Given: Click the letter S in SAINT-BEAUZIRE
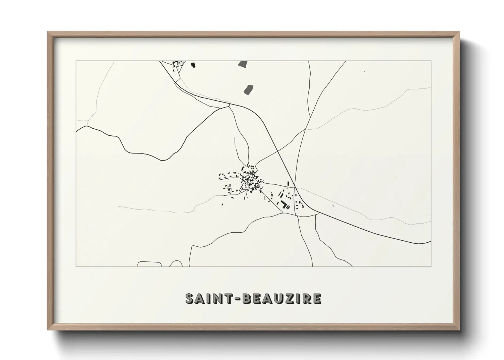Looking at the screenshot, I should coord(190,298).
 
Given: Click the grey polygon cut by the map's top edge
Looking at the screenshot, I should coord(243,63).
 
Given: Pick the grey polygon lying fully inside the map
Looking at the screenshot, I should coord(248,89).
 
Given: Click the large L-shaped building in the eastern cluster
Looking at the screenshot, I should coord(284,204).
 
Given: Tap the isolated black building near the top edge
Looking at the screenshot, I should coord(193,64).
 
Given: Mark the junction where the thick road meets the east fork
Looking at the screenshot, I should coord(296,187).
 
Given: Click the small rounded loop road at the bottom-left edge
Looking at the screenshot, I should coord(149,264).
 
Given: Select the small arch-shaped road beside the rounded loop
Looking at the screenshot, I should coord(176,263).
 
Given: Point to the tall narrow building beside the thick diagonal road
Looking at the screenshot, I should coord(288,183).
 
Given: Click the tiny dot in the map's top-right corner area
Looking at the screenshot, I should coord(364,71).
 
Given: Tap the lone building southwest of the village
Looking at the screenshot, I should coord(222,204).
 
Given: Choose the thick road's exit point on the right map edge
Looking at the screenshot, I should coord(430,241).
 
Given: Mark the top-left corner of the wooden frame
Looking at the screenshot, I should coord(48,32).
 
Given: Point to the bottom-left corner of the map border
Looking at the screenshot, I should coord(76,267).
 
